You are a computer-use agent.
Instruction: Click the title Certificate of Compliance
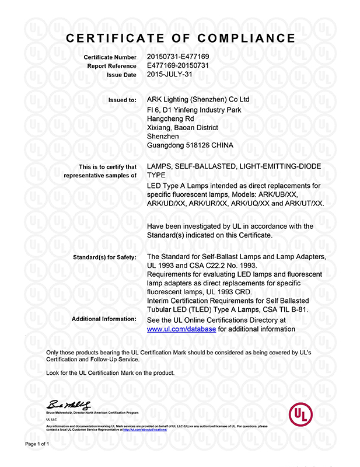point(180,39)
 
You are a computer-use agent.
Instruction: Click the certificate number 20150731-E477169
point(178,57)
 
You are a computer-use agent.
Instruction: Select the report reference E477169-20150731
point(178,66)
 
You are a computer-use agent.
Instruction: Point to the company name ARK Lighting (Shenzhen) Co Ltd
point(198,100)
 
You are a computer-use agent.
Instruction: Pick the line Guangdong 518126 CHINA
point(190,145)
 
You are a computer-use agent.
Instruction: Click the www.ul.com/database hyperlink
point(181,329)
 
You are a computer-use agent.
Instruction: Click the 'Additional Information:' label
point(103,320)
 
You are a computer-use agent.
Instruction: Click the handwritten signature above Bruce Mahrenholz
point(69,405)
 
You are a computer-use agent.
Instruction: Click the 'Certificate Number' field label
point(110,57)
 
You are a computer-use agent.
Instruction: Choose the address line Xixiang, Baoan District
point(183,127)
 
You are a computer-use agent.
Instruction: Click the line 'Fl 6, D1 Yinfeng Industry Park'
point(195,110)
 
